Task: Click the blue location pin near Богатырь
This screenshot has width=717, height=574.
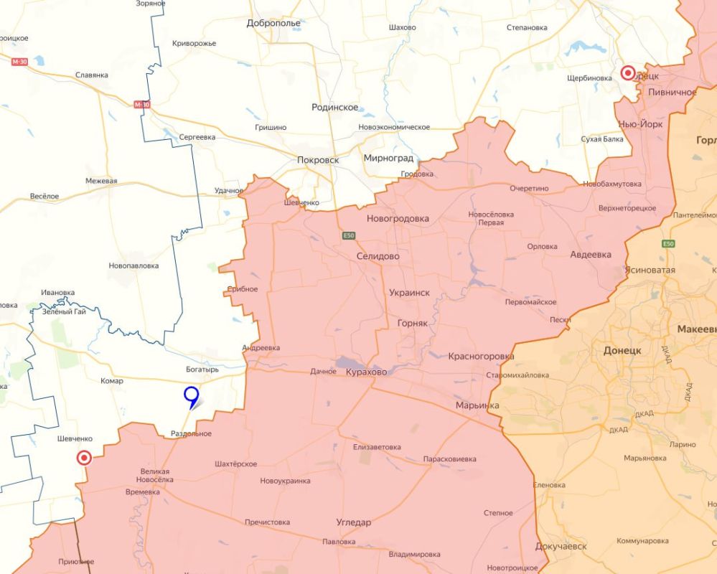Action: tap(191, 395)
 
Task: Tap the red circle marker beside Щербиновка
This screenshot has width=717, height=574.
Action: tap(628, 73)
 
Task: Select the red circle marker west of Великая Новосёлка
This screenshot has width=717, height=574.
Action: tap(84, 458)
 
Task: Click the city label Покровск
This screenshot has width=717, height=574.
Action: tap(318, 160)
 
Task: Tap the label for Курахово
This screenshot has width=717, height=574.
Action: tap(366, 372)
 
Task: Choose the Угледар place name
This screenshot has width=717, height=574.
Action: tap(354, 522)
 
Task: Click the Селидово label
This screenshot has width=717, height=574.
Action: tap(378, 255)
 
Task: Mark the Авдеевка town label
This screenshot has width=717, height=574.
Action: tap(591, 255)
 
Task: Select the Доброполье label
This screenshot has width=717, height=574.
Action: tap(273, 23)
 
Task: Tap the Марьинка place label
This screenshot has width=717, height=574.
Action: tap(477, 405)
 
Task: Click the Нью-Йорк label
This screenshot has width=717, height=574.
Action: tap(640, 124)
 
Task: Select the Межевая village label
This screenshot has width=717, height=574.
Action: tap(101, 181)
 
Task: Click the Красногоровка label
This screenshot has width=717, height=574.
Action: tap(481, 356)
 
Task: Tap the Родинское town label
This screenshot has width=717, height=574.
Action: tap(335, 107)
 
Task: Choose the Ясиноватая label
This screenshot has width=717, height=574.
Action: tap(650, 270)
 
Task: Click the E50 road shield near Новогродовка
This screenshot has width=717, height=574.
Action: tap(348, 235)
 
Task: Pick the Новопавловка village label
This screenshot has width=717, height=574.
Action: tap(133, 265)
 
